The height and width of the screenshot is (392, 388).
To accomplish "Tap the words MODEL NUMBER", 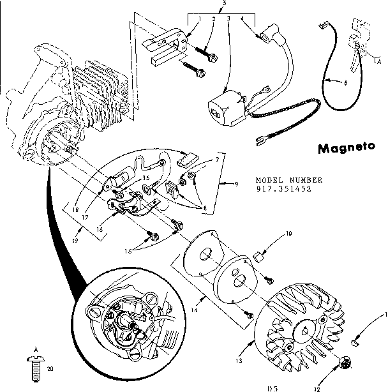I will coord(289,180).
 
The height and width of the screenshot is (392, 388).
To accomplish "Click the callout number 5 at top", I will coord(223,4).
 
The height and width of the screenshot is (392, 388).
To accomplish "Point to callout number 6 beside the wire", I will coord(345,82).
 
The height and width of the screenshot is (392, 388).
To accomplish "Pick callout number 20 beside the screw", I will coord(50,368).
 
